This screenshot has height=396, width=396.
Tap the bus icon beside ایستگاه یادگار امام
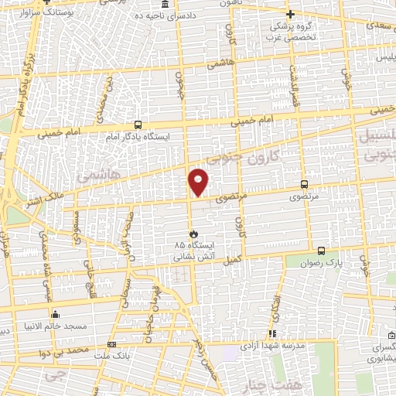coord(138,124)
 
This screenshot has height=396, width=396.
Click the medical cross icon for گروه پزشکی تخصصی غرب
coord(291,14)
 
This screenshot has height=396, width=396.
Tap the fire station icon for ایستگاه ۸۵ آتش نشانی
coord(193,233)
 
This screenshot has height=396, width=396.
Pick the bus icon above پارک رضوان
coord(322,250)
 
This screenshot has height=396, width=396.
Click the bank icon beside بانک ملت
coord(112,344)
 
